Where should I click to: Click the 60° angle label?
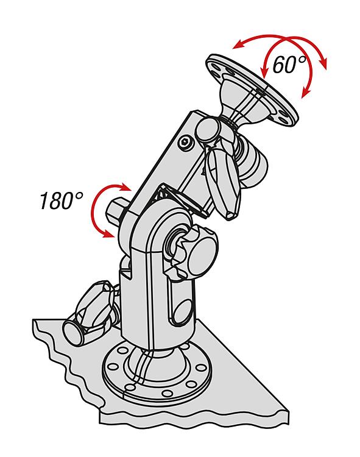coord(289,64)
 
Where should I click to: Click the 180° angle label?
coord(62,200)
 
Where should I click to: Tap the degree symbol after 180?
coord(79,196)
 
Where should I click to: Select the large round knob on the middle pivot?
coord(202,255)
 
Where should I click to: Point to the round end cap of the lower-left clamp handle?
coord(72,333)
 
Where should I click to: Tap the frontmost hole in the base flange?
coord(167,394)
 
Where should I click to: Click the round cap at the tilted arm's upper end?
coord(207,129)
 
